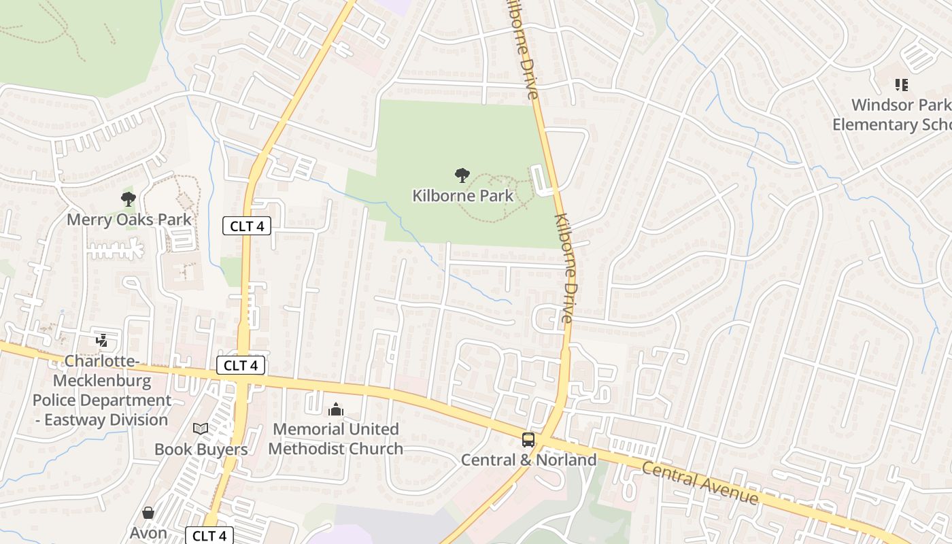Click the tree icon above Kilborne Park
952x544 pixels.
[x=462, y=175]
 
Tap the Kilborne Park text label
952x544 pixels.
[x=462, y=196]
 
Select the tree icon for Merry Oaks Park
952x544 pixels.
[x=129, y=199]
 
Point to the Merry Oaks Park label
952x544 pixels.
[x=129, y=220]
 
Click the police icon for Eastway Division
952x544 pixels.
[x=102, y=340]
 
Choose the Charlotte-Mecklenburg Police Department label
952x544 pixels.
[x=102, y=390]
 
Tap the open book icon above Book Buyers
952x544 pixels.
[x=201, y=428]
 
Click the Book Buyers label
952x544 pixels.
[x=201, y=449]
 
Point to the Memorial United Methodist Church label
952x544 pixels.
[x=336, y=439]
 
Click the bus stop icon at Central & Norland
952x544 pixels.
[x=528, y=439]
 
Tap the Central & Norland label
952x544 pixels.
[x=528, y=460]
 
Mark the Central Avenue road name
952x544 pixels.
[x=700, y=483]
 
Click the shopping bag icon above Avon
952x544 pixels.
[x=148, y=513]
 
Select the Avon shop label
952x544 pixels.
[x=148, y=532]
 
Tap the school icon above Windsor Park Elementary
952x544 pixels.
[x=901, y=85]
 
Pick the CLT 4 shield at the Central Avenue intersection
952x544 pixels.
[x=241, y=365]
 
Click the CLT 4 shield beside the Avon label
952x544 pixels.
[x=209, y=535]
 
